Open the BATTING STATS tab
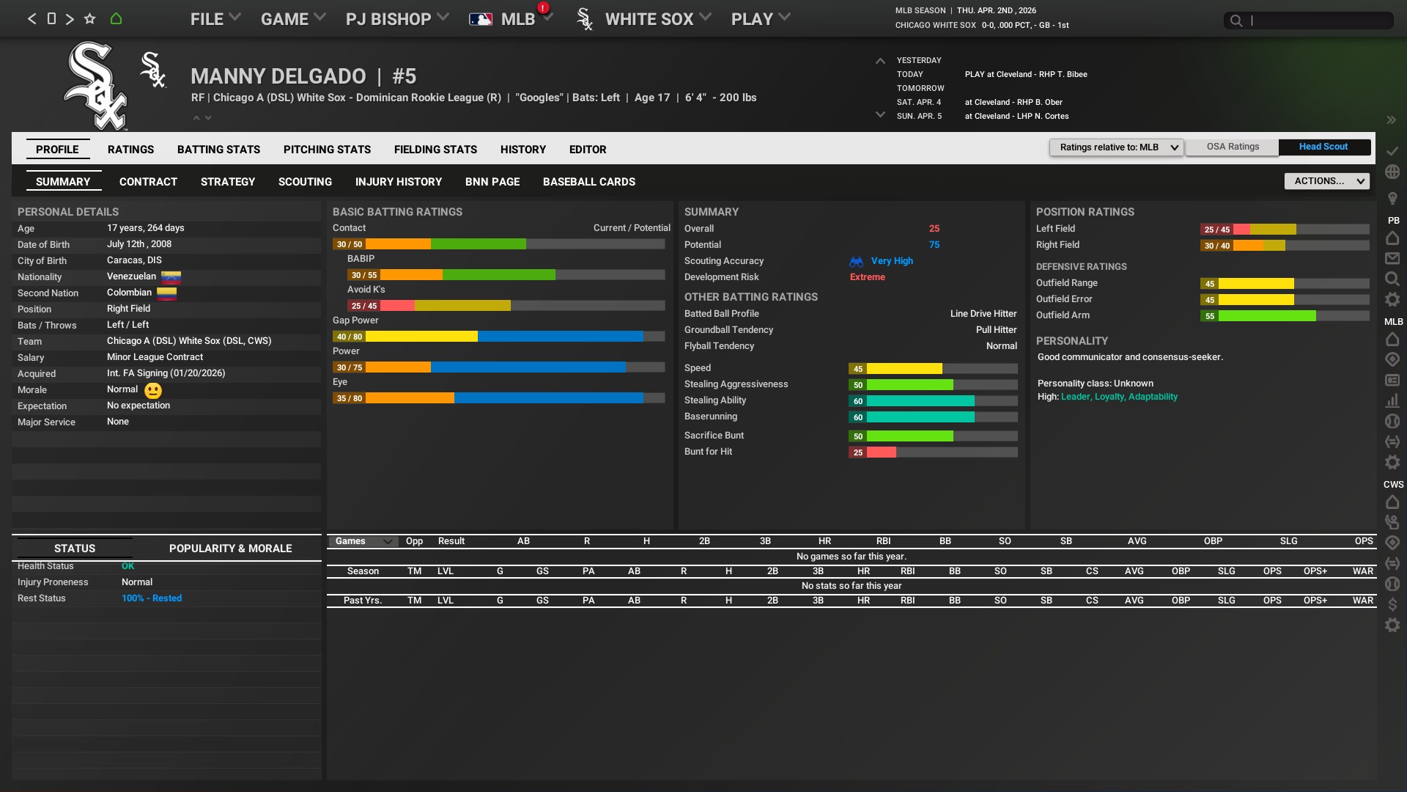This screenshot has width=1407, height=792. click(x=218, y=150)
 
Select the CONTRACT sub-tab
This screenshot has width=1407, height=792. click(x=148, y=182)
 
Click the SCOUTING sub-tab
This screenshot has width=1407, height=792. click(x=305, y=182)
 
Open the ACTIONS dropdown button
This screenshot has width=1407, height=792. click(x=1326, y=181)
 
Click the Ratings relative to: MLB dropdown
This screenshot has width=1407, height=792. click(x=1116, y=147)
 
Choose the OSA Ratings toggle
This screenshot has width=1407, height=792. click(x=1233, y=147)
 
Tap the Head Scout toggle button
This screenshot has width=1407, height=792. click(x=1323, y=147)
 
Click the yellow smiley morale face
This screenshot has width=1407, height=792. click(x=153, y=391)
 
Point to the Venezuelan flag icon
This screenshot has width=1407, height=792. click(x=171, y=277)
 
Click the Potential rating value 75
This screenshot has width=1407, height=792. click(x=934, y=245)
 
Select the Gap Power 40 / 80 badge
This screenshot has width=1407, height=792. click(x=349, y=337)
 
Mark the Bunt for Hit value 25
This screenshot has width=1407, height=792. click(x=857, y=452)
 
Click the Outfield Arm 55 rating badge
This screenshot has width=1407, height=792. click(x=1209, y=316)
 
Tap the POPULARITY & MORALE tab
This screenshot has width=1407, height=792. click(x=230, y=549)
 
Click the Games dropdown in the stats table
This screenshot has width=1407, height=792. click(x=364, y=541)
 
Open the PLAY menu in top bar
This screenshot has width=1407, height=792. click(x=760, y=19)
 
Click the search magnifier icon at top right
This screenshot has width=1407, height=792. click(x=1236, y=21)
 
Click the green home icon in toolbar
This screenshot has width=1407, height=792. click(x=116, y=19)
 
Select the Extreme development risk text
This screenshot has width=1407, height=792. click(x=867, y=277)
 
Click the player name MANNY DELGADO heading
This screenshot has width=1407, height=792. click(x=278, y=76)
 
